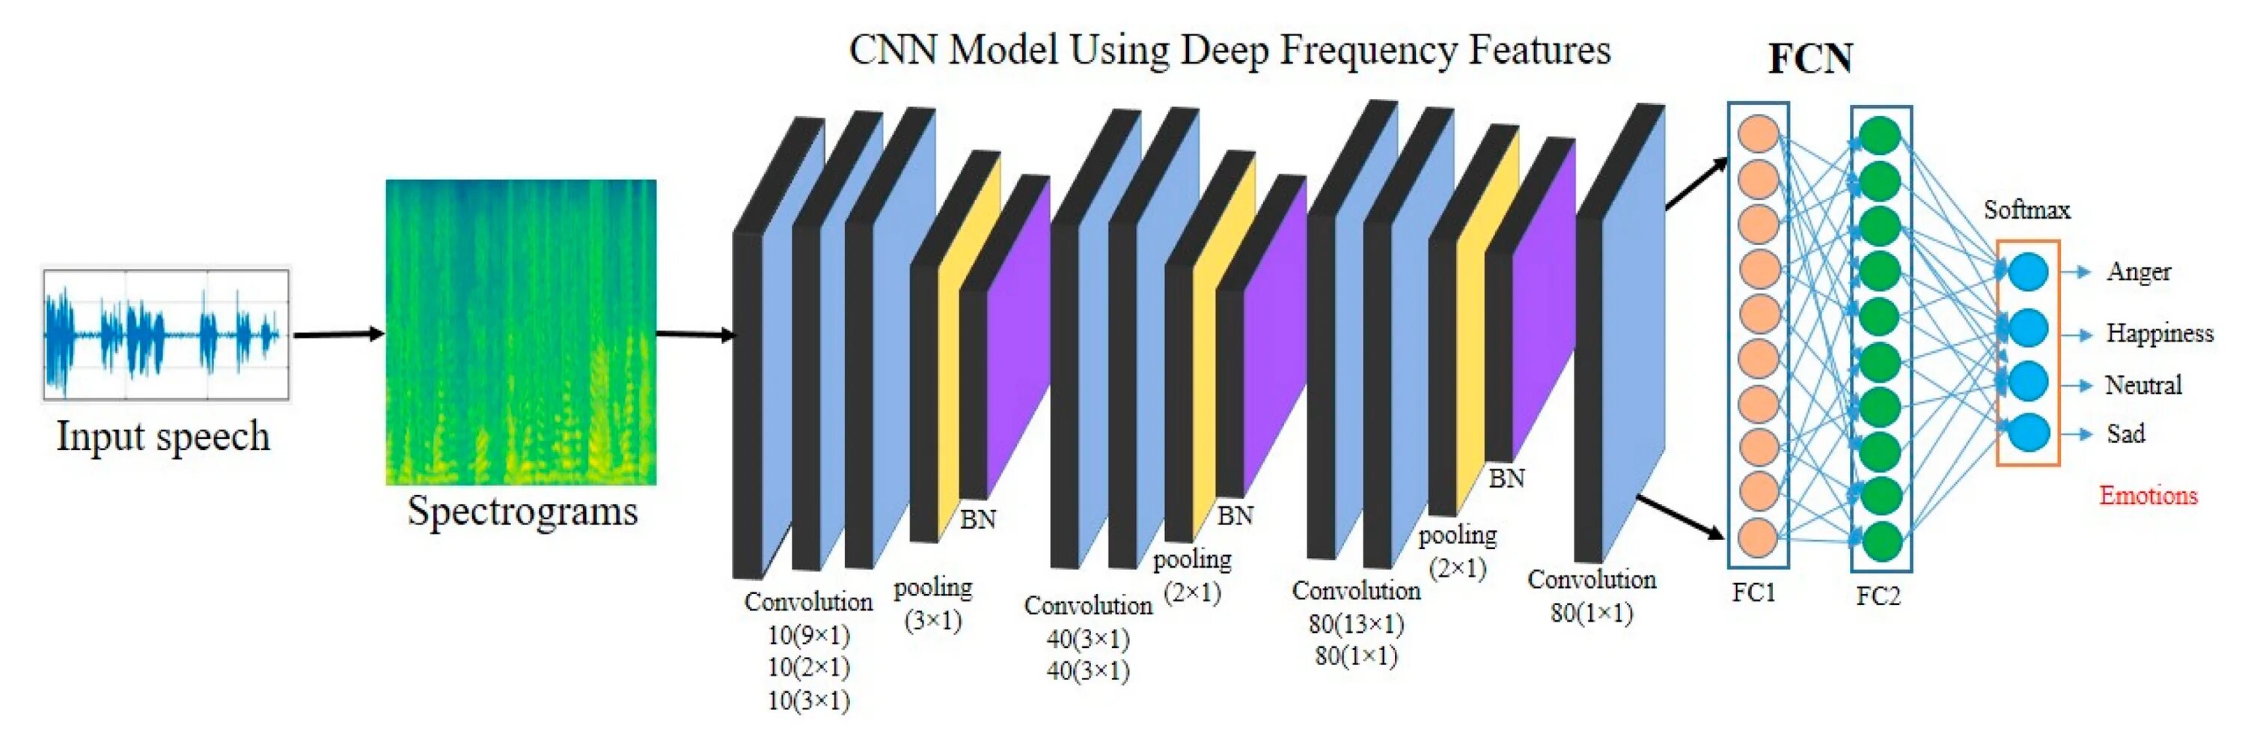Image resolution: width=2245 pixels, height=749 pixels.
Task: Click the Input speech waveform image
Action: click(x=165, y=334)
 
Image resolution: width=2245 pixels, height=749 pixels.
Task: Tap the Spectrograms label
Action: click(x=522, y=511)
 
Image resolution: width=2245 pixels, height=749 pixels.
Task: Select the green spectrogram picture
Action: click(x=520, y=331)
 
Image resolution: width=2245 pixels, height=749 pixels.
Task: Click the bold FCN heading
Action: click(x=1809, y=59)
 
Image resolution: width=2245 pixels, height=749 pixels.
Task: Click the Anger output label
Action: click(x=2138, y=272)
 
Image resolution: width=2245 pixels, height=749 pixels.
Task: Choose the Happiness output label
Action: click(x=2159, y=333)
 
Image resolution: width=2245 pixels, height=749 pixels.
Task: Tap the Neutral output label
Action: click(x=2143, y=384)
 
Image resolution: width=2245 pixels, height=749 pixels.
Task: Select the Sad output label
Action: click(x=2125, y=434)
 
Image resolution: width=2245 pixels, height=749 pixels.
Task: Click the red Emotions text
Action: click(x=2148, y=495)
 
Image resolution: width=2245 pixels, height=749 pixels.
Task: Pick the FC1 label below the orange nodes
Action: click(x=1753, y=593)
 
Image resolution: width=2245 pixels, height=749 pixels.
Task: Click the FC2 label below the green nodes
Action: click(x=1878, y=596)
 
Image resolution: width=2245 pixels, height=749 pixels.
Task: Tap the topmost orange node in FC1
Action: click(x=1758, y=134)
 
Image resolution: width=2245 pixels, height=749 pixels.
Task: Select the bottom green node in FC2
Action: click(x=1880, y=541)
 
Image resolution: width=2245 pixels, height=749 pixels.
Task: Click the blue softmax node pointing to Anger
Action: click(x=2027, y=271)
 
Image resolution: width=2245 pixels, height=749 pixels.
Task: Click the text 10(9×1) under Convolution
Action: click(x=808, y=634)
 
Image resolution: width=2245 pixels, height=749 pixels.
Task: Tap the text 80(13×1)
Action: click(x=1356, y=623)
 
